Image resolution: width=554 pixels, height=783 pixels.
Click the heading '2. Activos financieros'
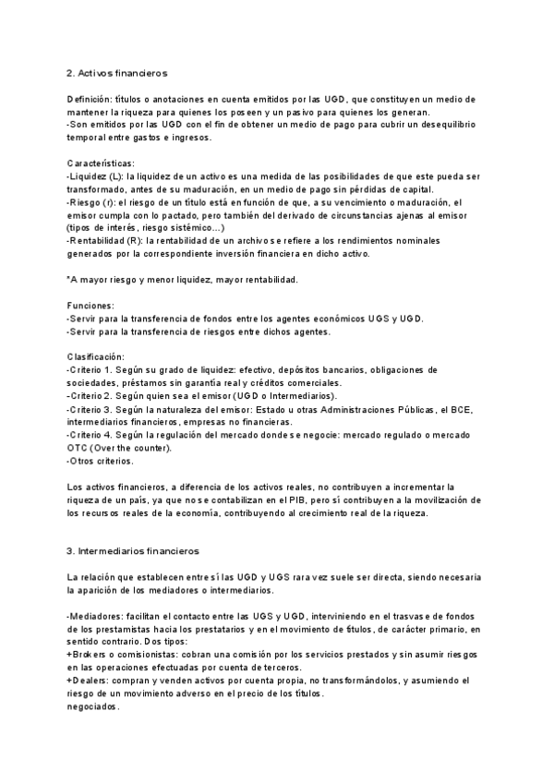tap(116, 72)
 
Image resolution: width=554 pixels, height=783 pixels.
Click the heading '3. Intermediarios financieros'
tap(132, 551)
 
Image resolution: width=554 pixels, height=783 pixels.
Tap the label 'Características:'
tap(103, 162)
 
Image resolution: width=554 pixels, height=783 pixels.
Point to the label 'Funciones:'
tap(91, 304)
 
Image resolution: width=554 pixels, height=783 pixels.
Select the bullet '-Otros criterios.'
tap(101, 460)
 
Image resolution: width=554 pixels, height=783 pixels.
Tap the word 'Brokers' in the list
tap(91, 654)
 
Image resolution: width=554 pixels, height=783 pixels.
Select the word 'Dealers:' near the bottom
tap(94, 680)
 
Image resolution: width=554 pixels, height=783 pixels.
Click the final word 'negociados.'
tap(93, 706)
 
